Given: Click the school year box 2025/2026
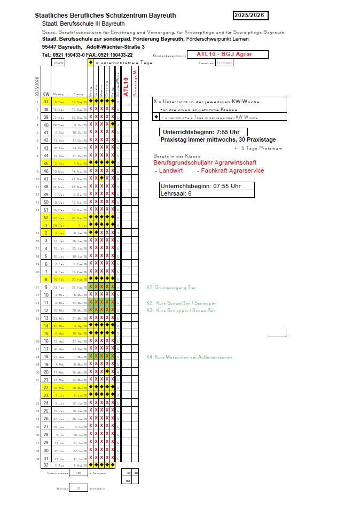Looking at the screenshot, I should pos(250,15).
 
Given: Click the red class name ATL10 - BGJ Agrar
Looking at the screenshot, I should pos(224,54).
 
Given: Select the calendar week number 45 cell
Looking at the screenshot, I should pos(46,163).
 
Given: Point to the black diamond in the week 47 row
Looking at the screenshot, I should pos(101,178).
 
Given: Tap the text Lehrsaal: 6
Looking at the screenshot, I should pos(175,193).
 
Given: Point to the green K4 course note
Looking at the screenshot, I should pos(189,356).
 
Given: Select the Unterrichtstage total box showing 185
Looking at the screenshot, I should pos(79,473).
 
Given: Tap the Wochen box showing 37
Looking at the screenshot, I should pos(79,488).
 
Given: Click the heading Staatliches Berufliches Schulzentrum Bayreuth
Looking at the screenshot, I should pos(105,15).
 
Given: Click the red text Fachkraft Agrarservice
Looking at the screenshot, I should pos(230,170).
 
